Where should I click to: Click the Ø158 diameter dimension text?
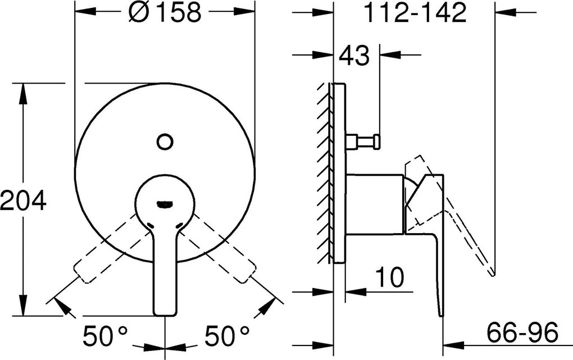click(164, 12)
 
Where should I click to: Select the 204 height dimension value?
click(22, 199)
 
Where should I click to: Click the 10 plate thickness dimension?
click(389, 278)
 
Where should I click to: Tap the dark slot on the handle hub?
click(165, 204)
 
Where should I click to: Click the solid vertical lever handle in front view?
click(165, 275)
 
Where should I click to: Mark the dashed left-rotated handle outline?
click(107, 253)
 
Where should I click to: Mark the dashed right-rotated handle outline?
click(224, 253)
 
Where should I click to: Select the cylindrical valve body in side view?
click(374, 203)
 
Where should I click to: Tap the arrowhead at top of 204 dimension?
click(23, 90)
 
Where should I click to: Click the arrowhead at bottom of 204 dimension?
click(23, 309)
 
